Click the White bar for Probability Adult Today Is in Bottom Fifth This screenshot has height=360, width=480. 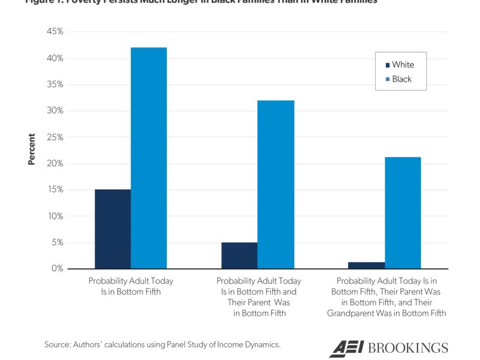[112, 229]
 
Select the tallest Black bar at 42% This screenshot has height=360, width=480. [149, 158]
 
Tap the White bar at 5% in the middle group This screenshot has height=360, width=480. [239, 255]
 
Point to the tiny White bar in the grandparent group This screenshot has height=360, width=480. [366, 265]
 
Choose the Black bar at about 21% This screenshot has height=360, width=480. [403, 213]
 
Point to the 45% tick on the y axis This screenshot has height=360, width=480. [55, 32]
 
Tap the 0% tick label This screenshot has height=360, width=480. [57, 268]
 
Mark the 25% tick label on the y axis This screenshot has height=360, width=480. [55, 137]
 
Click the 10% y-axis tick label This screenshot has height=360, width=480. [55, 216]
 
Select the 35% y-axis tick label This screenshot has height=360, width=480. [55, 85]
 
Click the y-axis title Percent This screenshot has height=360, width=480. [32, 149]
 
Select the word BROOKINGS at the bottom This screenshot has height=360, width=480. [408, 348]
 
